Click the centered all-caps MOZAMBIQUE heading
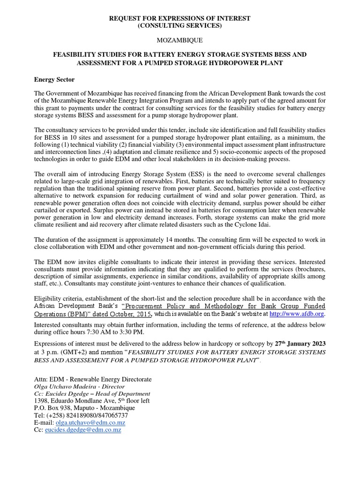pos(180,40)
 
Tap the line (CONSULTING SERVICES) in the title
pos(180,26)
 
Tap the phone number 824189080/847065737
pos(90,415)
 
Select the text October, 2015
pos(130,314)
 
